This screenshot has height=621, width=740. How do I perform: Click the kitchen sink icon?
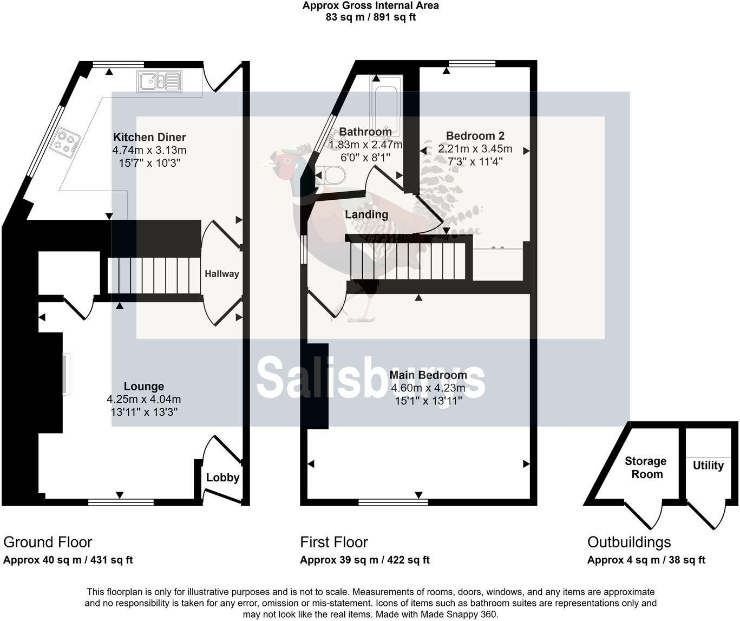tap(159, 82)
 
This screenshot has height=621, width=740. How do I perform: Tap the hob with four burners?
tap(66, 142)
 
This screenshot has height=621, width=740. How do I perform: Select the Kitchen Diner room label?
tap(149, 138)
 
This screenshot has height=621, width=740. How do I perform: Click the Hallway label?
tap(221, 274)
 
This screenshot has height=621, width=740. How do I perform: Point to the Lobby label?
tap(222, 478)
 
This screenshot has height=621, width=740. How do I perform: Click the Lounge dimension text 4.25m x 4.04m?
tap(144, 400)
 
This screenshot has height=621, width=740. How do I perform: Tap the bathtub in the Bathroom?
tap(386, 106)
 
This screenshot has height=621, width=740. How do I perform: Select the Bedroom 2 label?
tap(475, 136)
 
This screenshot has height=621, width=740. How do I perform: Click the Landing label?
tap(366, 214)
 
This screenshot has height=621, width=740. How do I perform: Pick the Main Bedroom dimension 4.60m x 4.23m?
tap(428, 388)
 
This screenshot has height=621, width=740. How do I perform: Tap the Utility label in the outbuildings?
tap(708, 466)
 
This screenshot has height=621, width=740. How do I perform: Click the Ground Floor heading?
tap(48, 542)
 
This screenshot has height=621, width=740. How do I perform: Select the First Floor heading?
tap(334, 542)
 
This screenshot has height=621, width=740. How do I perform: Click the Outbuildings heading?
tap(629, 542)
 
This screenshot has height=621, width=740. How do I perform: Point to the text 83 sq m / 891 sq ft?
tap(371, 17)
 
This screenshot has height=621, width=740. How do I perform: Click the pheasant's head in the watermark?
tap(284, 162)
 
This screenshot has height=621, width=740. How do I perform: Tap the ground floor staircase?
tap(154, 276)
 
